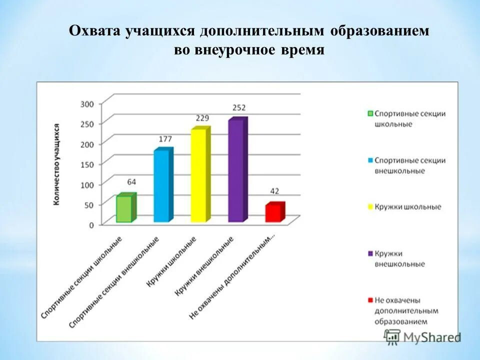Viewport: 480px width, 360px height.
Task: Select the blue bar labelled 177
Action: coord(161,185)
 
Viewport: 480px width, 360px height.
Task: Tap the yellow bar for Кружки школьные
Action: coord(198,175)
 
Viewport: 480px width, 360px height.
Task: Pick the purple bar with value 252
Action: coord(236,171)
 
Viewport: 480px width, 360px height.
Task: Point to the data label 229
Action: coord(202,118)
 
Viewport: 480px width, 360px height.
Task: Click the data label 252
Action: coord(238,107)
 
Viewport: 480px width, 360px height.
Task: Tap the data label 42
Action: coord(274,191)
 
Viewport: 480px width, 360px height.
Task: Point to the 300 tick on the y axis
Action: coord(87,104)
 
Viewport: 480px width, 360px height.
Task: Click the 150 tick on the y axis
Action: coord(87,164)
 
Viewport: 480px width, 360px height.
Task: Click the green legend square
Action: coord(370,113)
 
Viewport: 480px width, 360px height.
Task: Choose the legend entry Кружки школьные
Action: coord(407,207)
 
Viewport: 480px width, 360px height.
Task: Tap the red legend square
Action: coord(370,300)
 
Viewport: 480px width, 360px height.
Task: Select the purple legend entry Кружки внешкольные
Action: coord(400,258)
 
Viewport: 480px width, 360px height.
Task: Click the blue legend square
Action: coord(370,160)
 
